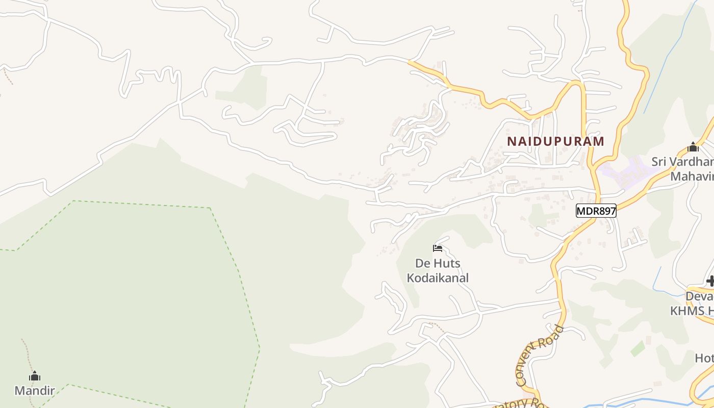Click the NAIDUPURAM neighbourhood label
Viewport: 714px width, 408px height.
point(555,141)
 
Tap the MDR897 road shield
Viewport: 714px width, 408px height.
point(596,210)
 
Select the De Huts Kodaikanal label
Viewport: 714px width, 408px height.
point(438,271)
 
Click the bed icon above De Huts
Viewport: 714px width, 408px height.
point(438,249)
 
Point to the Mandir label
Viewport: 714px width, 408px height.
point(35,391)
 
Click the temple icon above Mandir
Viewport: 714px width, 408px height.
point(35,377)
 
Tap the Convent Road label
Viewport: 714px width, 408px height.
point(539,355)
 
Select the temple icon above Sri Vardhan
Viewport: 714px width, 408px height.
point(693,148)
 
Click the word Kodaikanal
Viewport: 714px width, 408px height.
point(438,278)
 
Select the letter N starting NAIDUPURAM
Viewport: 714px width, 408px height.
point(511,141)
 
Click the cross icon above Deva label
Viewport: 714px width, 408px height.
point(710,281)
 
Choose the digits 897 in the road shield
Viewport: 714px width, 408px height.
point(605,210)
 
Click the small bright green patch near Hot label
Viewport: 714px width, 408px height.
point(637,349)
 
